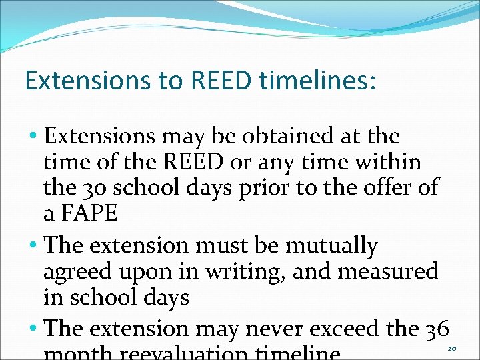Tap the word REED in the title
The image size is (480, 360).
coord(223,80)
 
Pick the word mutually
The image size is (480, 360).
coord(331,246)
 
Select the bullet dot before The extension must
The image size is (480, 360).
coord(33,247)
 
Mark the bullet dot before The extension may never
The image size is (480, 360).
coord(33,329)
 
